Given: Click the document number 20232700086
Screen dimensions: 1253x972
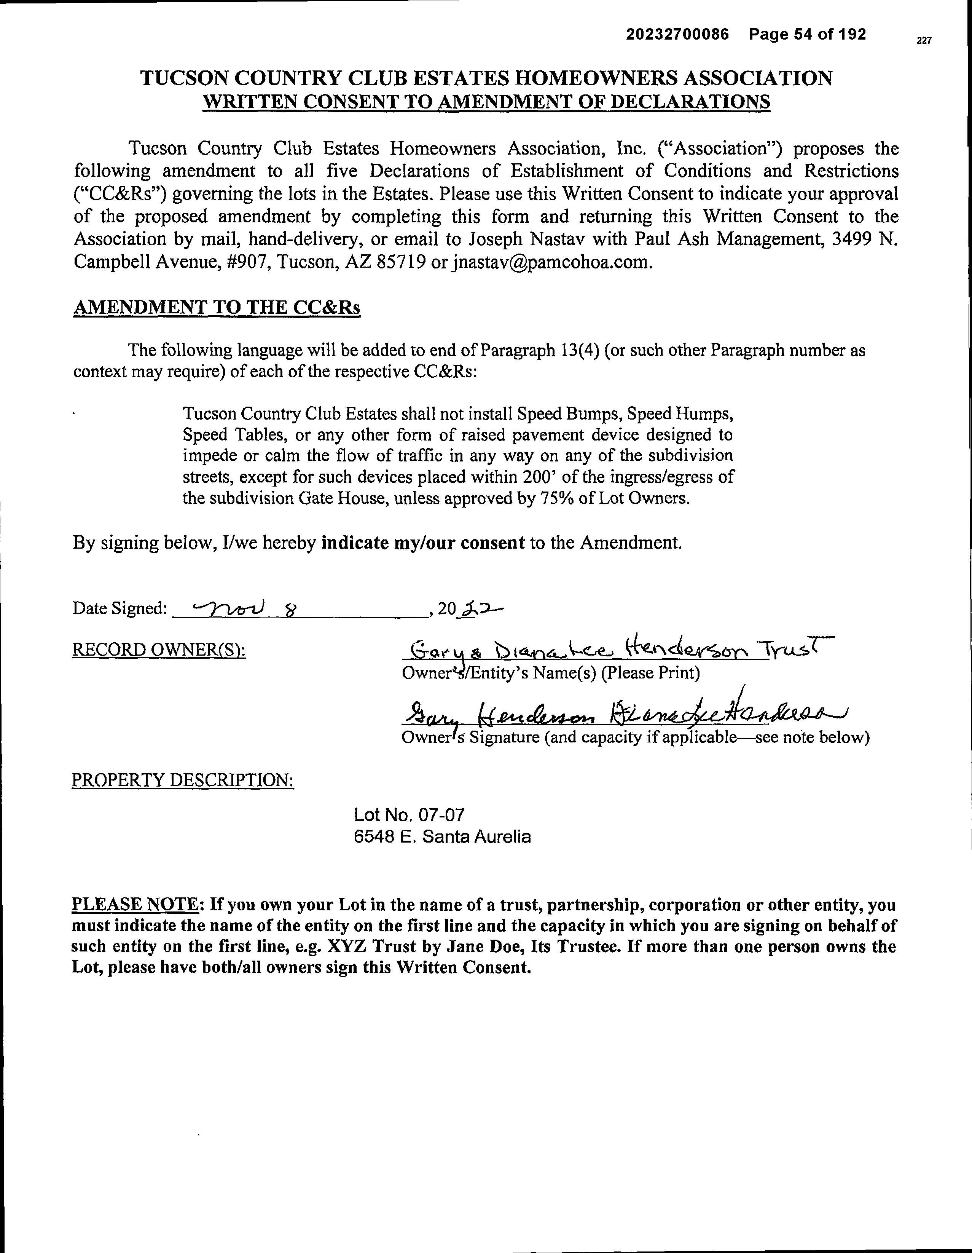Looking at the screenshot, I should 677,34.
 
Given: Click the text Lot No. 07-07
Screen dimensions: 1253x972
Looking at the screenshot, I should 410,815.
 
